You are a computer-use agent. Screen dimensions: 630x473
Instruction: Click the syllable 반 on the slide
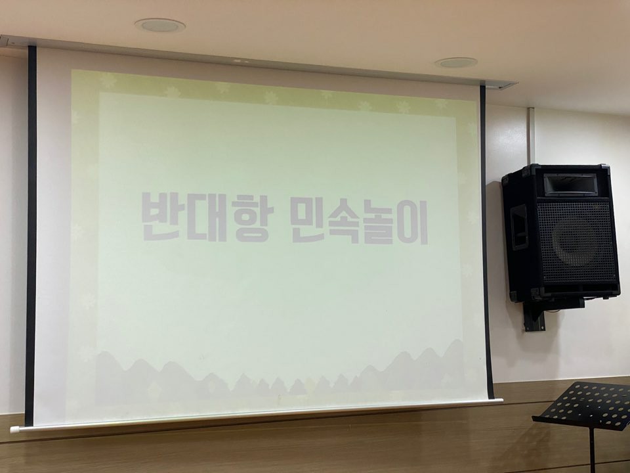160,216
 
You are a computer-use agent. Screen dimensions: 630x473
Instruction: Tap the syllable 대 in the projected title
207,217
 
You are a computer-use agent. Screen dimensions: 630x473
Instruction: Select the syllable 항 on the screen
253,219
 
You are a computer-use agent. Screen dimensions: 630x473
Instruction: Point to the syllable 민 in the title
309,221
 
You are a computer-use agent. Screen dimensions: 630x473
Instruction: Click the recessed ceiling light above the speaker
456,62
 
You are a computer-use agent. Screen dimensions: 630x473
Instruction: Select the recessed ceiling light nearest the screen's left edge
160,26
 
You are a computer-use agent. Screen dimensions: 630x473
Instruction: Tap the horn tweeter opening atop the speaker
570,183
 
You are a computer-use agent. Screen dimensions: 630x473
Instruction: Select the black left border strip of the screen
31,235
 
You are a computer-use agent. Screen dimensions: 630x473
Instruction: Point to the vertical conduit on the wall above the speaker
531,136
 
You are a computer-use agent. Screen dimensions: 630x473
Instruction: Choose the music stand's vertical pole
591,451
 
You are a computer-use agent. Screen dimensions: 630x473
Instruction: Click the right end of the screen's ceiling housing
511,85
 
